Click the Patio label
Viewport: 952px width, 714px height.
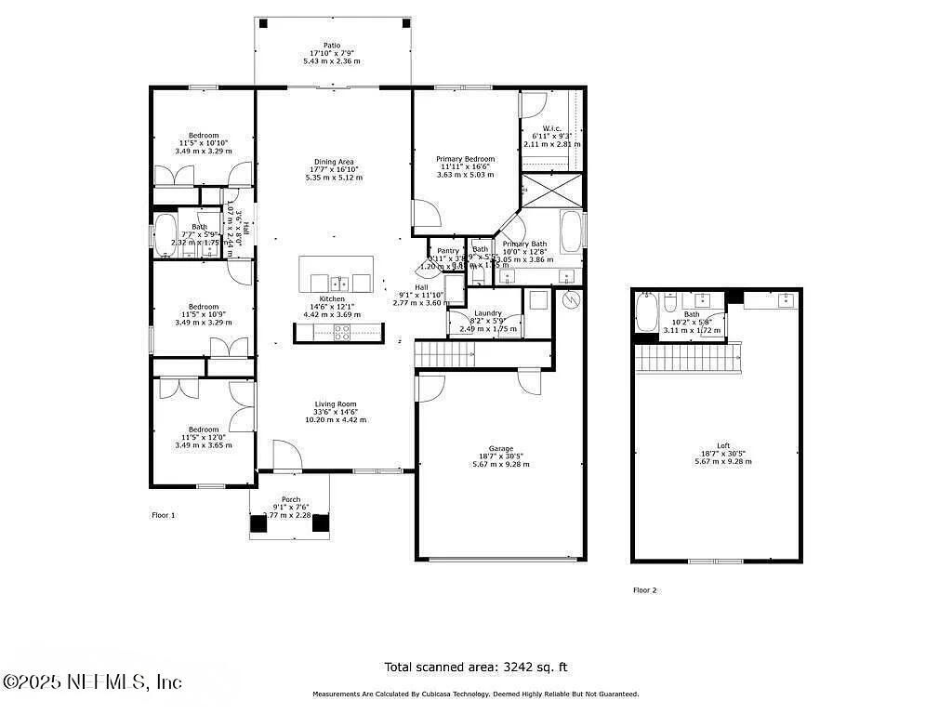click(331, 45)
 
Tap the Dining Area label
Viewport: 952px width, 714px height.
click(332, 162)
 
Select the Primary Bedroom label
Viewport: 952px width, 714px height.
click(465, 159)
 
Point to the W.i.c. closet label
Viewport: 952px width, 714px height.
click(551, 129)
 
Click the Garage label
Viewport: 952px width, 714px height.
click(501, 449)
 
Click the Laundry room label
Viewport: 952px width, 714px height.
click(487, 314)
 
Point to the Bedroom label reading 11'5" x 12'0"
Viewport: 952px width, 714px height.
click(204, 430)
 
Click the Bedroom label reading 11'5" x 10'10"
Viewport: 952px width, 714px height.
click(204, 135)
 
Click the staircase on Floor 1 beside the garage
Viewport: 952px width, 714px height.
click(445, 353)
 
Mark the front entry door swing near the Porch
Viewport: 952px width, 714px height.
click(285, 456)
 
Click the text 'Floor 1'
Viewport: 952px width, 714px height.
click(163, 514)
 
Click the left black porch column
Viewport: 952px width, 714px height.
click(258, 523)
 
